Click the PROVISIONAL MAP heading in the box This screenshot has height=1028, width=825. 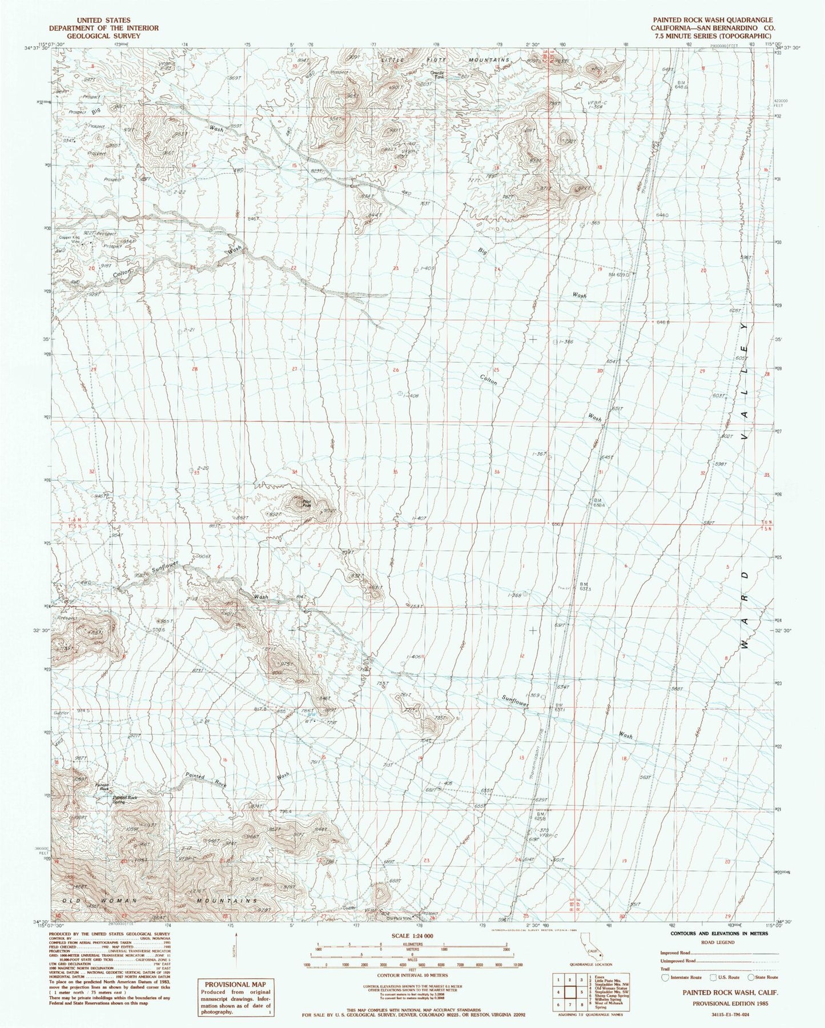235,984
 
